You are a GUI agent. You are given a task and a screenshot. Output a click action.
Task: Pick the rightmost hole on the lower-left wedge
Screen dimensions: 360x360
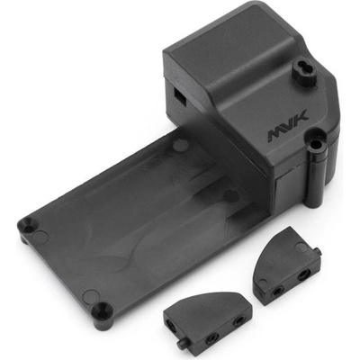point(238,320)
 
